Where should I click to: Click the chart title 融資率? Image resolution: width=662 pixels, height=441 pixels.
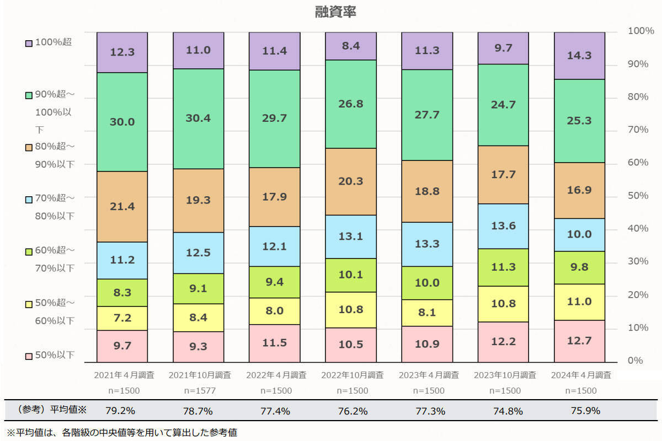[x=335, y=12]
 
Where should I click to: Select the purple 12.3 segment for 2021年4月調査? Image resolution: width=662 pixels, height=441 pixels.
[x=122, y=53]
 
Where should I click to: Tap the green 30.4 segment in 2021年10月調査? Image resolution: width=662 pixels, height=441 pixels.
[x=198, y=119]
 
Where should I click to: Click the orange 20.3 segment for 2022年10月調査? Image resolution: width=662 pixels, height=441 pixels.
[x=350, y=181]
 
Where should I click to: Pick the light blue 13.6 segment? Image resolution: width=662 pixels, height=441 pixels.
[x=503, y=226]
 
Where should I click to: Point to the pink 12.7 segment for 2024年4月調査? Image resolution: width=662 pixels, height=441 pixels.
[x=579, y=341]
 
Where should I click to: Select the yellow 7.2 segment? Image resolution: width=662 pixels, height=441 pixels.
[x=122, y=318]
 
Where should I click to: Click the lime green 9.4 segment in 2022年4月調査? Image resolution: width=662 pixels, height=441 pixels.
[x=274, y=282]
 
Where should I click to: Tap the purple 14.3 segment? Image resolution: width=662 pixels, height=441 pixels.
[x=579, y=56]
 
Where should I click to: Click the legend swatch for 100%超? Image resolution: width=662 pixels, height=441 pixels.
[x=29, y=42]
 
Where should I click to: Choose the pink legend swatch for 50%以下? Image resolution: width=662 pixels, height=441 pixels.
[x=29, y=356]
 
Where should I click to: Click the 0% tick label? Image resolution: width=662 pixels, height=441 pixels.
[x=635, y=361]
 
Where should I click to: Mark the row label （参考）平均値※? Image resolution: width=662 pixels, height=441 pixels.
[x=52, y=410]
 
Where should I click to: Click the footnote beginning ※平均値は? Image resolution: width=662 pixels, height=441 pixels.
[x=121, y=433]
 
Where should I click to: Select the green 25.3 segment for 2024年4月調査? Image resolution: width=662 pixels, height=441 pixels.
[x=579, y=121]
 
